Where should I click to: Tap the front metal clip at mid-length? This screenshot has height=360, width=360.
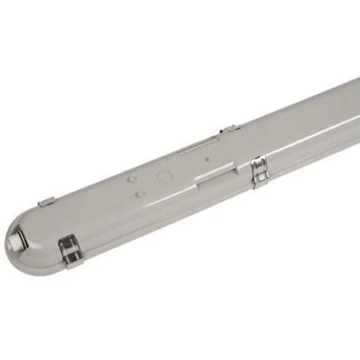click(x=259, y=171)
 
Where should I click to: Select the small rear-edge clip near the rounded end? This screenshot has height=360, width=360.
click(x=47, y=202)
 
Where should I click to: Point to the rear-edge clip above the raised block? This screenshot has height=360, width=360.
click(x=230, y=129)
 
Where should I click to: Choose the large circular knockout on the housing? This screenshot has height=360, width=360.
click(x=164, y=175)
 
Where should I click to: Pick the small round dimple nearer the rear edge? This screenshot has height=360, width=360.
click(x=132, y=180)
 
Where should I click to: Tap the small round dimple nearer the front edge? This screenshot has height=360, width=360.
click(x=140, y=195)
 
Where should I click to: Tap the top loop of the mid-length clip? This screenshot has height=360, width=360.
click(x=257, y=161)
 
